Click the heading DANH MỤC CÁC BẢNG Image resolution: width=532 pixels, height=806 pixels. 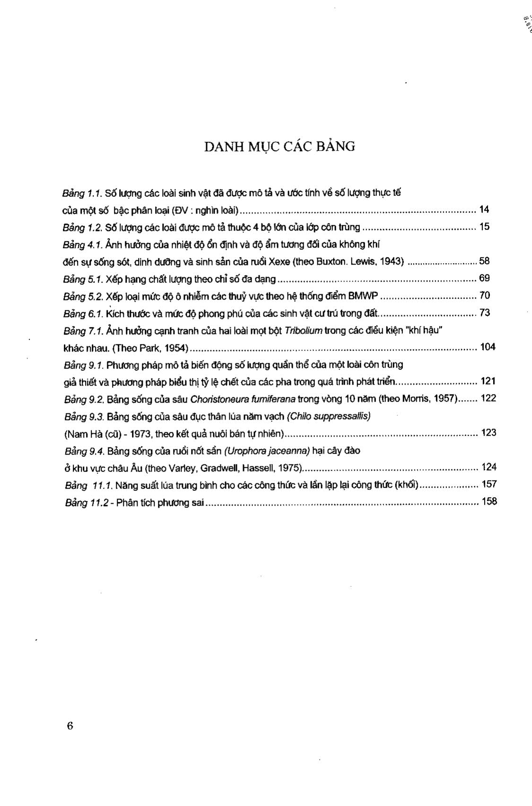(279, 146)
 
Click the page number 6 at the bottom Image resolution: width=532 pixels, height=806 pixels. (70, 726)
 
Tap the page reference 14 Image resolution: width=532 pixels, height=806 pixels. (484, 209)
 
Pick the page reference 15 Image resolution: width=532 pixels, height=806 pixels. (484, 227)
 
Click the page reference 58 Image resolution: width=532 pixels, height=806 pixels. (484, 261)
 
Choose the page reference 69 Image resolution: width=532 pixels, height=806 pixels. (484, 278)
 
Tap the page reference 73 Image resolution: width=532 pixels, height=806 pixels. (484, 313)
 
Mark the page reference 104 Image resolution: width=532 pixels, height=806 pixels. (488, 347)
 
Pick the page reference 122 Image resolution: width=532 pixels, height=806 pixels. (488, 398)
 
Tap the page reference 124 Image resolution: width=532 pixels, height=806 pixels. (488, 467)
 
